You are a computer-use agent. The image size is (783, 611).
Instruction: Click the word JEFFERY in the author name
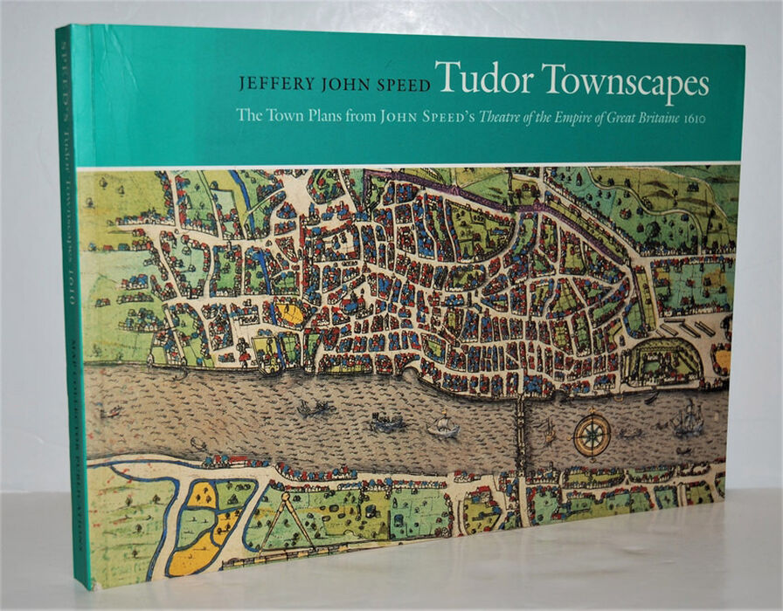click(273, 85)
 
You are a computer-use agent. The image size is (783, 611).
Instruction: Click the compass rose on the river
click(592, 434)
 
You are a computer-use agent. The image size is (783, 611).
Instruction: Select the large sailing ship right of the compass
click(687, 422)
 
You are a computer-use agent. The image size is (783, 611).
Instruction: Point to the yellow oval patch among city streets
click(291, 312)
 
